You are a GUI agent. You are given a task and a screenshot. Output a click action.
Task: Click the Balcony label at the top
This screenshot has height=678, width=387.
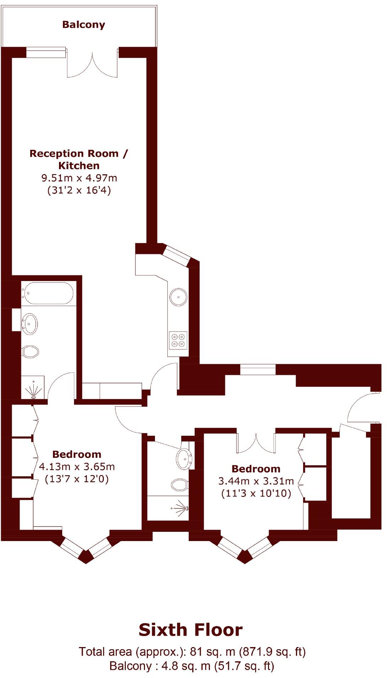click(x=84, y=25)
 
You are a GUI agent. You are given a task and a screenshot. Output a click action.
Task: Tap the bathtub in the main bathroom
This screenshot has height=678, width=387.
click(x=48, y=293)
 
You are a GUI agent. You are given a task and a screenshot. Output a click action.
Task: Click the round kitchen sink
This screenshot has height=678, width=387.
click(x=178, y=297)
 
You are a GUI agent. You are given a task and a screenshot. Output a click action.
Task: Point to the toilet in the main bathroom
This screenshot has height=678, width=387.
click(x=31, y=352)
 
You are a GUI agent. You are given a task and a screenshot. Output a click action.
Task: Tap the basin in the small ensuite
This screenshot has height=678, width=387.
click(x=184, y=459)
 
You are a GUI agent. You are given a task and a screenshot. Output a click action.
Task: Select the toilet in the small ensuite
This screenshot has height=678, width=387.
click(x=180, y=484)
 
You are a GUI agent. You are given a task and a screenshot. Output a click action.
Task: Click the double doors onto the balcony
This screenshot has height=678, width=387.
click(x=92, y=64)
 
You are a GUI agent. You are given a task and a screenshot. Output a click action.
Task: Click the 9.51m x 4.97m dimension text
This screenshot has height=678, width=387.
click(x=79, y=178)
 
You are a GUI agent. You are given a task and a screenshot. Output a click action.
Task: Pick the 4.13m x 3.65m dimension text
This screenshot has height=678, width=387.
click(x=77, y=466)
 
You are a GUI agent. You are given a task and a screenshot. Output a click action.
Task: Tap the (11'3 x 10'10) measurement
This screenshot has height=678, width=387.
click(x=256, y=493)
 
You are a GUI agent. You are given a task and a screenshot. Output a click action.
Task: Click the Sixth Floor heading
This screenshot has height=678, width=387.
click(x=190, y=630)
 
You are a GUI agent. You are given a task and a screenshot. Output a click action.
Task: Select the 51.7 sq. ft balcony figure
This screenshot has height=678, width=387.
click(x=244, y=666)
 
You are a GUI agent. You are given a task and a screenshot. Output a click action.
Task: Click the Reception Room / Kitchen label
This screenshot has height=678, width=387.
click(x=79, y=159)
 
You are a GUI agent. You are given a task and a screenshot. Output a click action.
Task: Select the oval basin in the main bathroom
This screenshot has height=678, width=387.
click(x=31, y=324)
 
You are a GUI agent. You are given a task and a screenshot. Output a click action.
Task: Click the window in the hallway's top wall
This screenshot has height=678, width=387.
click(x=258, y=370)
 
